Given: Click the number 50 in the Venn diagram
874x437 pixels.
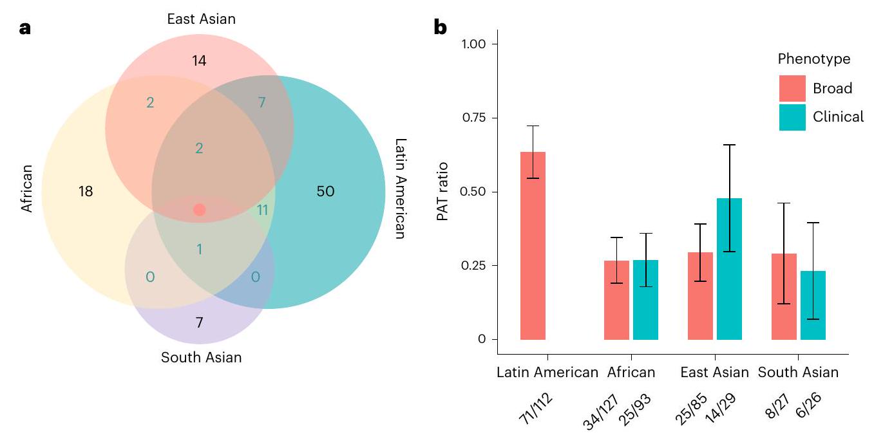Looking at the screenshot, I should click(326, 191).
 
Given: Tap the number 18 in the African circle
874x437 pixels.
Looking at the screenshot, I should click(86, 191).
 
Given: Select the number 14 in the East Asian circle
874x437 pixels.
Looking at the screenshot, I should click(200, 61).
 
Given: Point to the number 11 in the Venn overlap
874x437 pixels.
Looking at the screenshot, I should click(262, 210).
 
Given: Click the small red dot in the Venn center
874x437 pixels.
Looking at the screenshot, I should click(199, 210).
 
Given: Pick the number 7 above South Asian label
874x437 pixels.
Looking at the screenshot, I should click(199, 322).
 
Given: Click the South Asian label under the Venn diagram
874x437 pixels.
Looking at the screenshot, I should click(202, 357).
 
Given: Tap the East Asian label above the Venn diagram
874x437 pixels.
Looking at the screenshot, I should click(201, 19).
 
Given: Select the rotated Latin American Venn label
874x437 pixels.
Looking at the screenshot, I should click(400, 189).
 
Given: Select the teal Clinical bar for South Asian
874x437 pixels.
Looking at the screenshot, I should click(813, 305).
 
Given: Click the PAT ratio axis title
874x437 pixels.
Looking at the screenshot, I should click(442, 191).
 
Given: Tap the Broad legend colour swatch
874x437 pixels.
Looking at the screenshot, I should click(792, 88).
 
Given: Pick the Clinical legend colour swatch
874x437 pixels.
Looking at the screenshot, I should click(792, 117).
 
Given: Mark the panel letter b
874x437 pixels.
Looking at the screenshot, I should click(441, 28).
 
